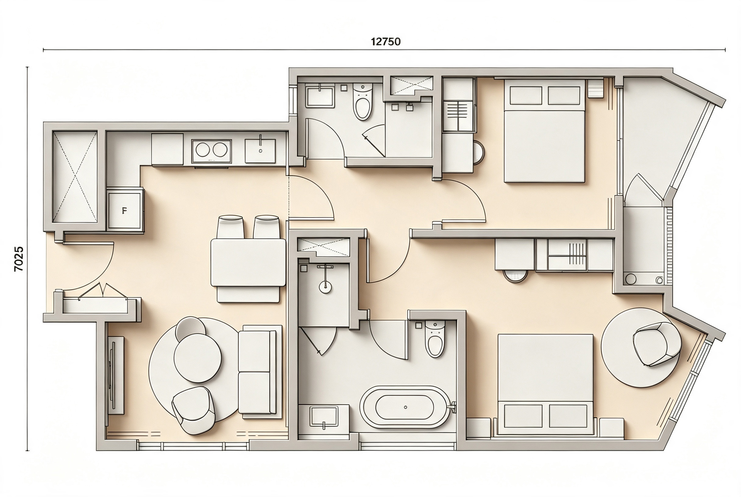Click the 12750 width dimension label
[385, 41]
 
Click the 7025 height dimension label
[19, 259]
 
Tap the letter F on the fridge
[124, 210]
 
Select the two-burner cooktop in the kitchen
[211, 151]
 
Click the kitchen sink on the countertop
[260, 151]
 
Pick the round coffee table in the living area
[197, 358]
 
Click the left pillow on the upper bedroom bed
[526, 95]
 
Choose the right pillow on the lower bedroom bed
[568, 416]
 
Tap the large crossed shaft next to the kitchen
[75, 177]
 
